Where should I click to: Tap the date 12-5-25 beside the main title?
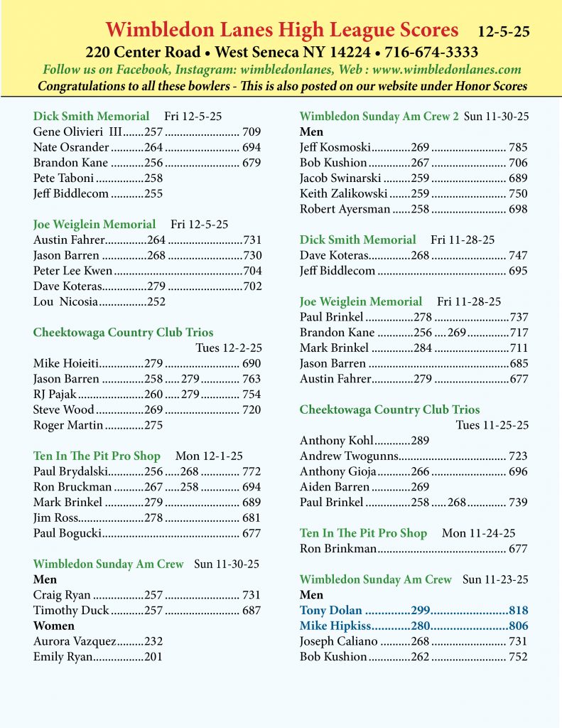click(x=503, y=32)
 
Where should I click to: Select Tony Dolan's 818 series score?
click(x=519, y=610)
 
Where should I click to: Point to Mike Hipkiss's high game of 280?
click(x=421, y=626)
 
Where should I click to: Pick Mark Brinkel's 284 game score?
click(x=423, y=348)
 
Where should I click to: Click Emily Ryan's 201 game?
click(x=153, y=657)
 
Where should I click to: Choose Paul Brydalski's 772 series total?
click(x=252, y=471)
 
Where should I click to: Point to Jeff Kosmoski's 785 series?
click(x=518, y=147)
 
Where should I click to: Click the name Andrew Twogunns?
click(x=349, y=456)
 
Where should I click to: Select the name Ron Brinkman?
click(x=338, y=548)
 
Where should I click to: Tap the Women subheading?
click(x=54, y=626)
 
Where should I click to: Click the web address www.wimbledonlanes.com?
click(x=447, y=70)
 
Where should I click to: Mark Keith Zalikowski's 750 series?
click(x=518, y=193)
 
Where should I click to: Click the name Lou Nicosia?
click(x=65, y=301)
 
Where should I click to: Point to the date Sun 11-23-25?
click(x=495, y=579)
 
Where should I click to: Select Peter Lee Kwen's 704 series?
click(x=252, y=271)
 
